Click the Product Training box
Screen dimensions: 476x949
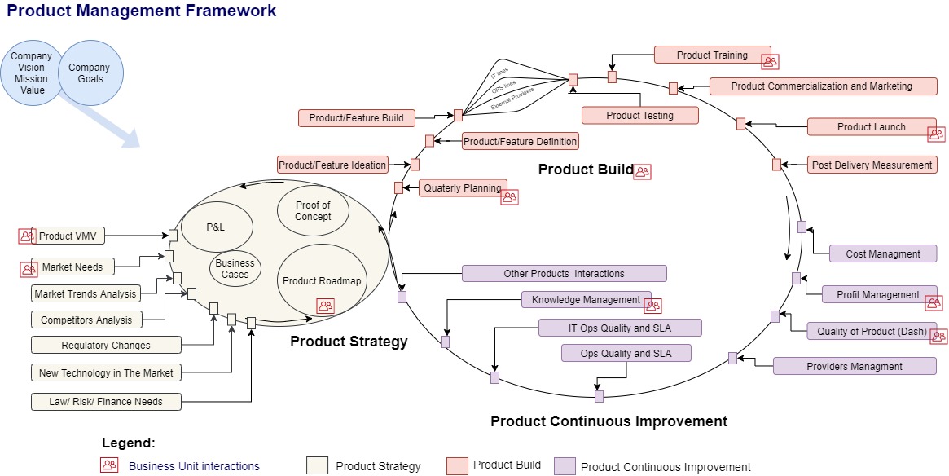click(712, 55)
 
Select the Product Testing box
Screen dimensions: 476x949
click(639, 115)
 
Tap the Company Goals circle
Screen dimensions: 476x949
click(90, 73)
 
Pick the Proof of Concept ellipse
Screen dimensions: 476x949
click(313, 211)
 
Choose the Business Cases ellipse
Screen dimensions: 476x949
click(235, 269)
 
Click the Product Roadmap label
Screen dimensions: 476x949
click(321, 281)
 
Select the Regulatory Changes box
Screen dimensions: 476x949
click(106, 345)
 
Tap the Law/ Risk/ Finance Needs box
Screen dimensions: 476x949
click(106, 401)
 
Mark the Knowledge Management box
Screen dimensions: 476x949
click(586, 299)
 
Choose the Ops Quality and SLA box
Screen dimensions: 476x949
click(626, 353)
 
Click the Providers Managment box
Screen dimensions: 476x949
click(854, 366)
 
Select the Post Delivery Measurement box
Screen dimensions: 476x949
click(872, 165)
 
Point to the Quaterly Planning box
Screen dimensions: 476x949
click(462, 187)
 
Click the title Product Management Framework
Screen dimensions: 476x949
click(142, 11)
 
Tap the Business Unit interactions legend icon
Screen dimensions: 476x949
click(109, 465)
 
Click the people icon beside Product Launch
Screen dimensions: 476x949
click(936, 134)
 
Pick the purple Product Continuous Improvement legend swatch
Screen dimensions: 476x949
click(565, 465)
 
